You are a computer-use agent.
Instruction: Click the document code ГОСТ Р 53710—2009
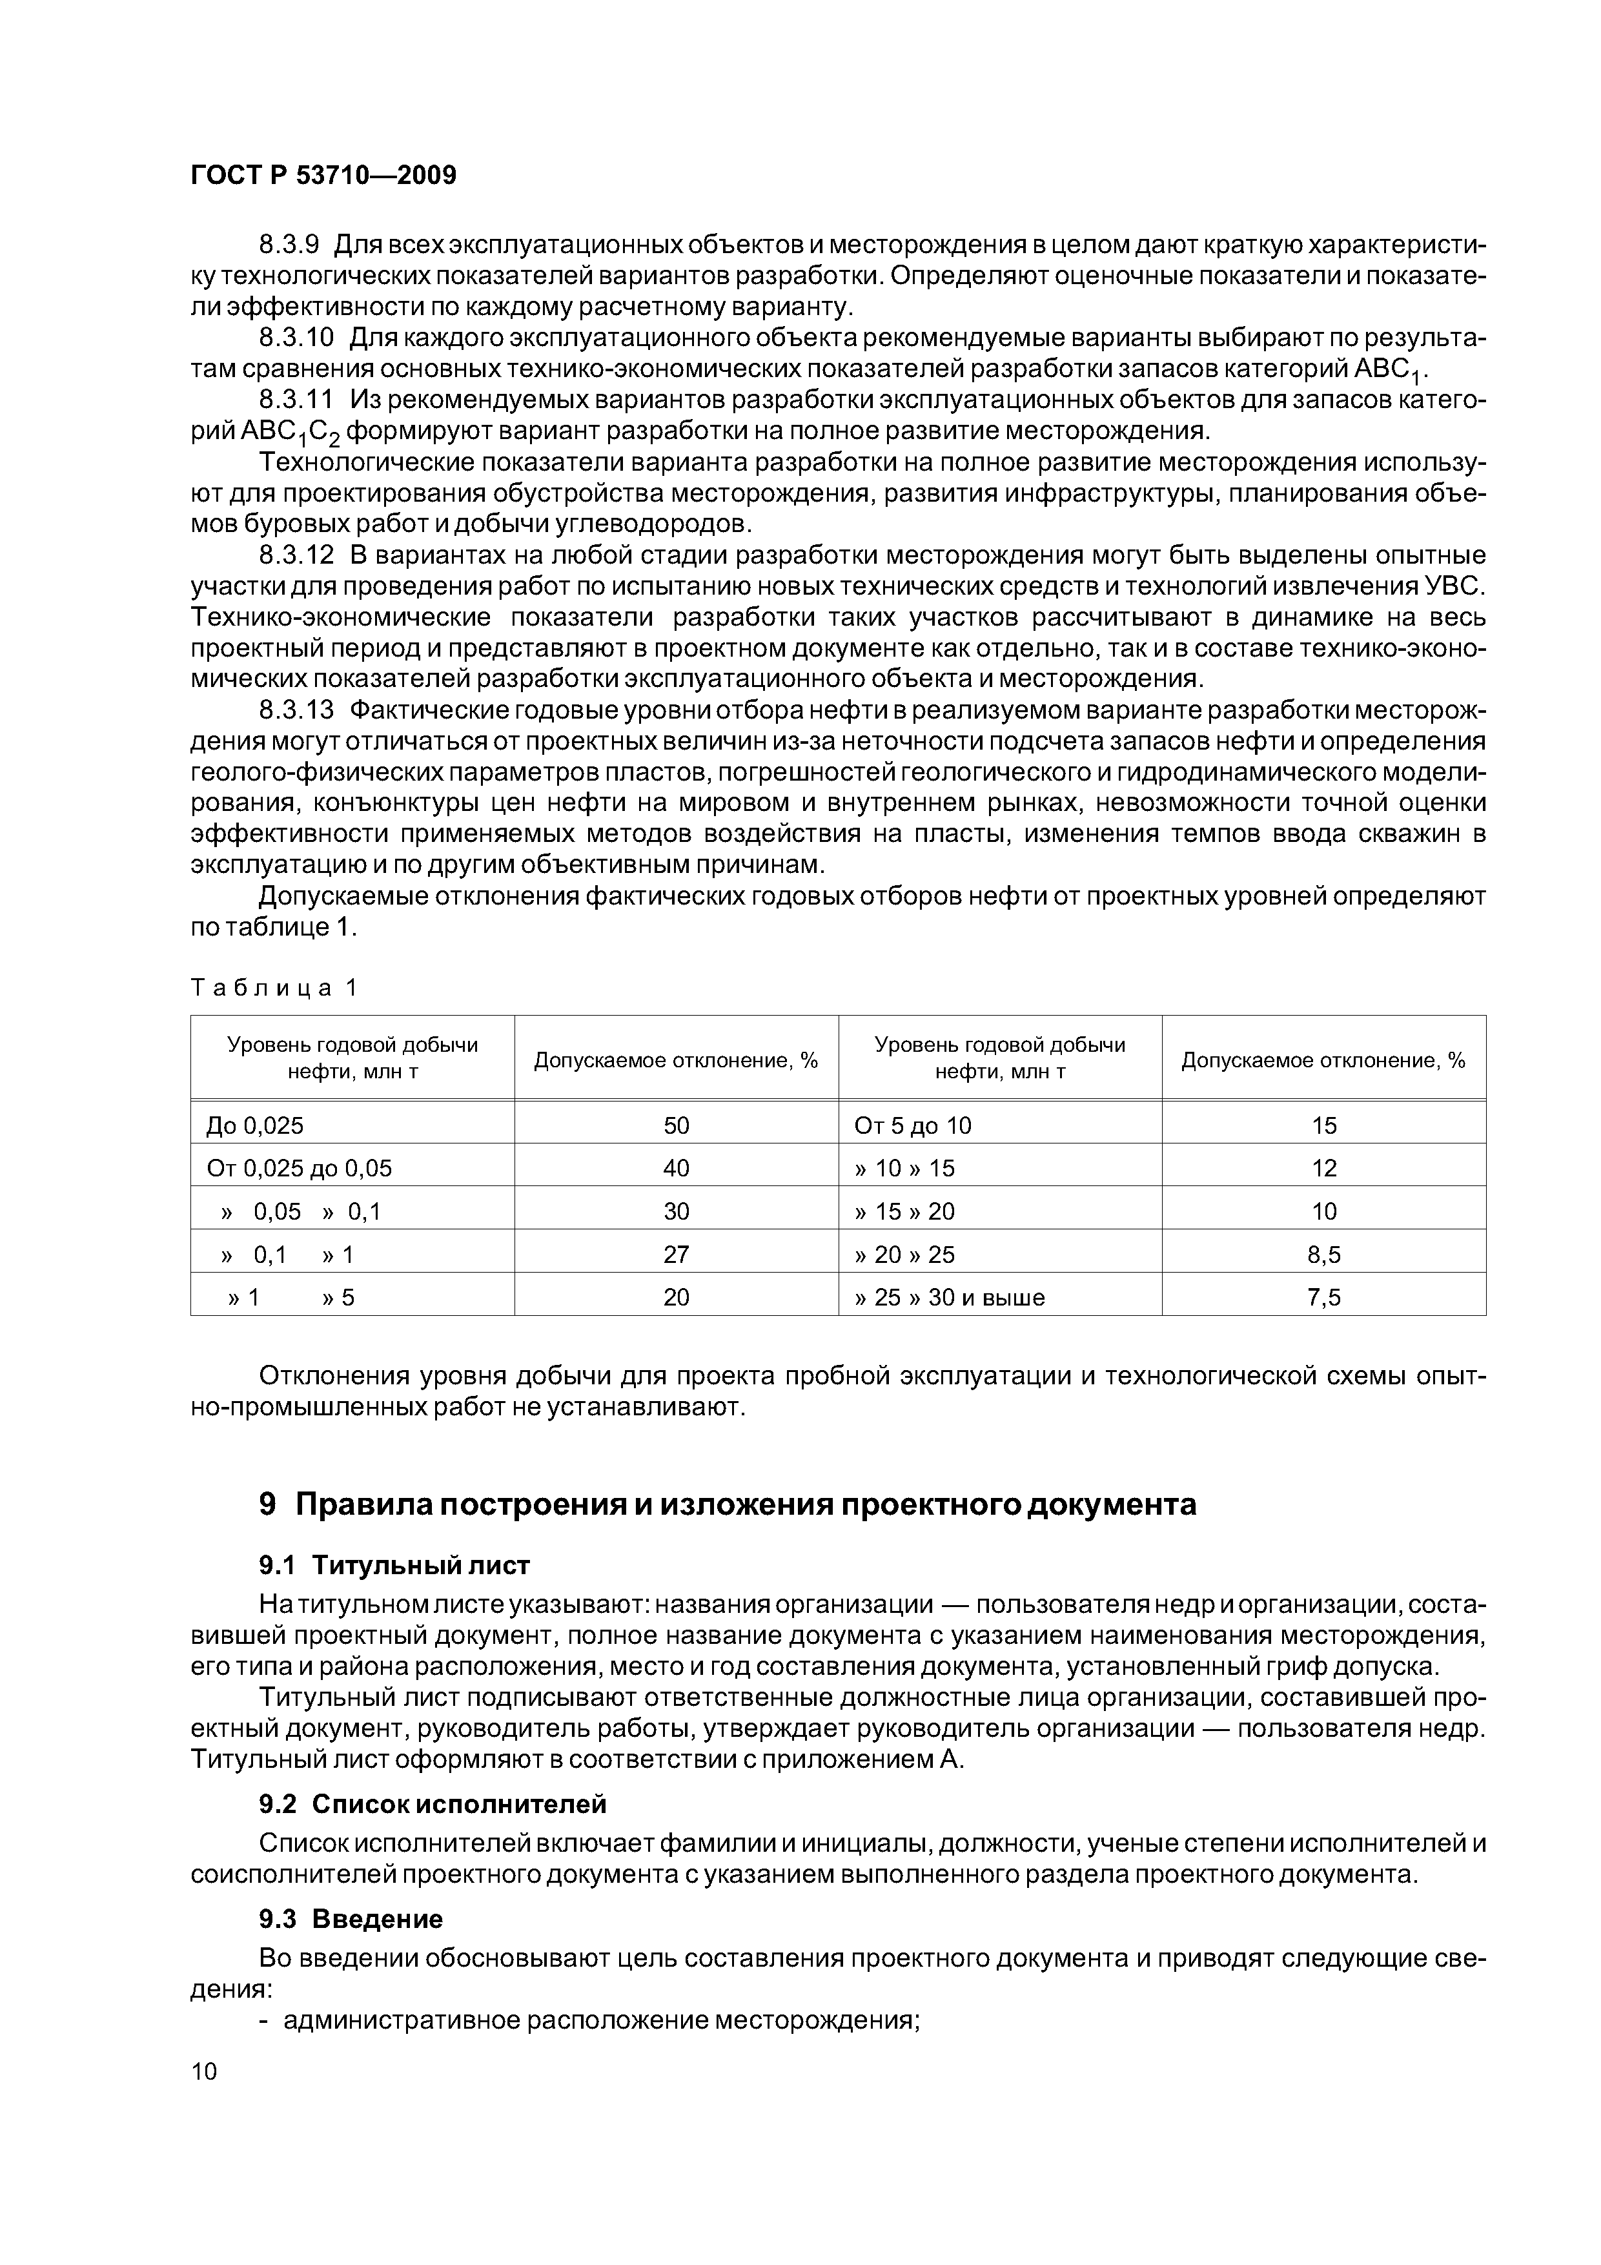click(x=323, y=176)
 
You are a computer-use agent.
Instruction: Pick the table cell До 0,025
click(x=254, y=1125)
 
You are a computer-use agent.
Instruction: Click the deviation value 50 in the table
click(x=676, y=1125)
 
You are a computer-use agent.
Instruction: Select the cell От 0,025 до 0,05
click(x=299, y=1168)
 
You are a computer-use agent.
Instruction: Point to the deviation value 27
click(x=676, y=1255)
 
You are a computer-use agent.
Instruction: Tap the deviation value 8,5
click(x=1324, y=1255)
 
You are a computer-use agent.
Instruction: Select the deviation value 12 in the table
click(x=1324, y=1168)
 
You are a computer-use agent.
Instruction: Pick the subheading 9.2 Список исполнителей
click(x=432, y=1804)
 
